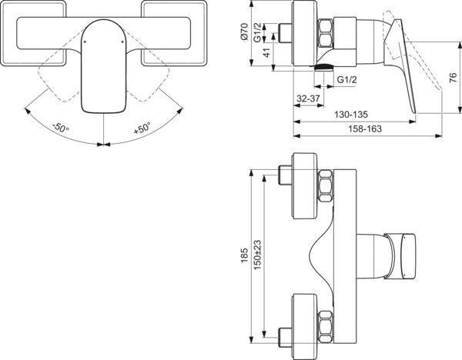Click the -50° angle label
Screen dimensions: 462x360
pos(61,128)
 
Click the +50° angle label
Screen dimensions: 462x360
pos(142,128)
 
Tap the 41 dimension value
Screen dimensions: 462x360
pos(266,52)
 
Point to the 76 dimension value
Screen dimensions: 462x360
pos(454,78)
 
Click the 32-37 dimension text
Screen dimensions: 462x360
pos(308,98)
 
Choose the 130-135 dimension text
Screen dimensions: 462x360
pos(351,114)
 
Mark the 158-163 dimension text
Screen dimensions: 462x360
pos(365,128)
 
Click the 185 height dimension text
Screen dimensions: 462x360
pos(244,255)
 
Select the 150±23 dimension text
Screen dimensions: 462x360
pos(257,255)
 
